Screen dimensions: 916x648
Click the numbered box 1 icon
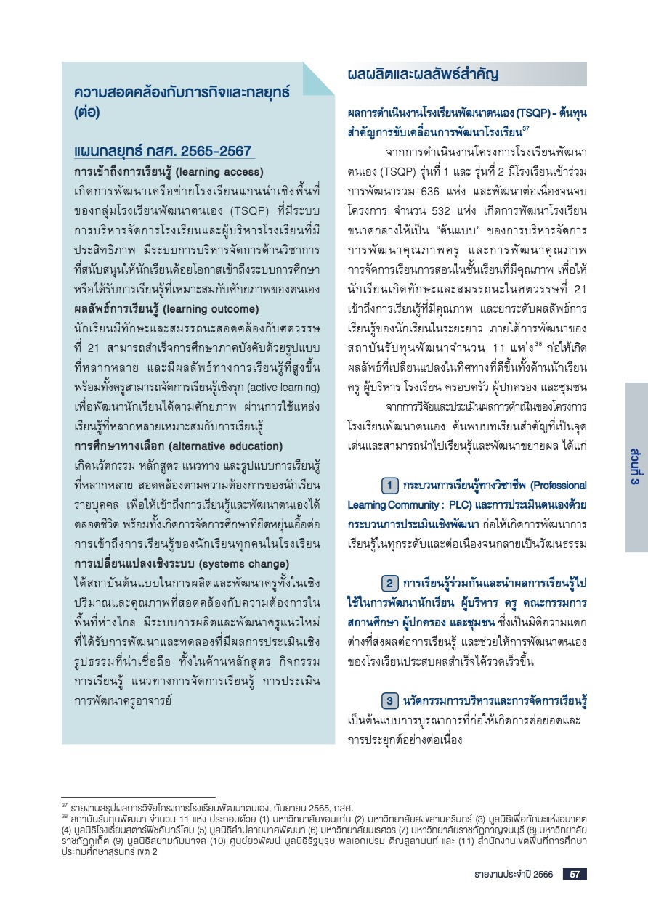[389, 484]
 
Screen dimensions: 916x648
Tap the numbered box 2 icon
[389, 583]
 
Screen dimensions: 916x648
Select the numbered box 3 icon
[389, 700]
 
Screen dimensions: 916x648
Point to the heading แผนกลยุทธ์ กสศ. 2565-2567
[163, 151]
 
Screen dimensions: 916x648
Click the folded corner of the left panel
[317, 78]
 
